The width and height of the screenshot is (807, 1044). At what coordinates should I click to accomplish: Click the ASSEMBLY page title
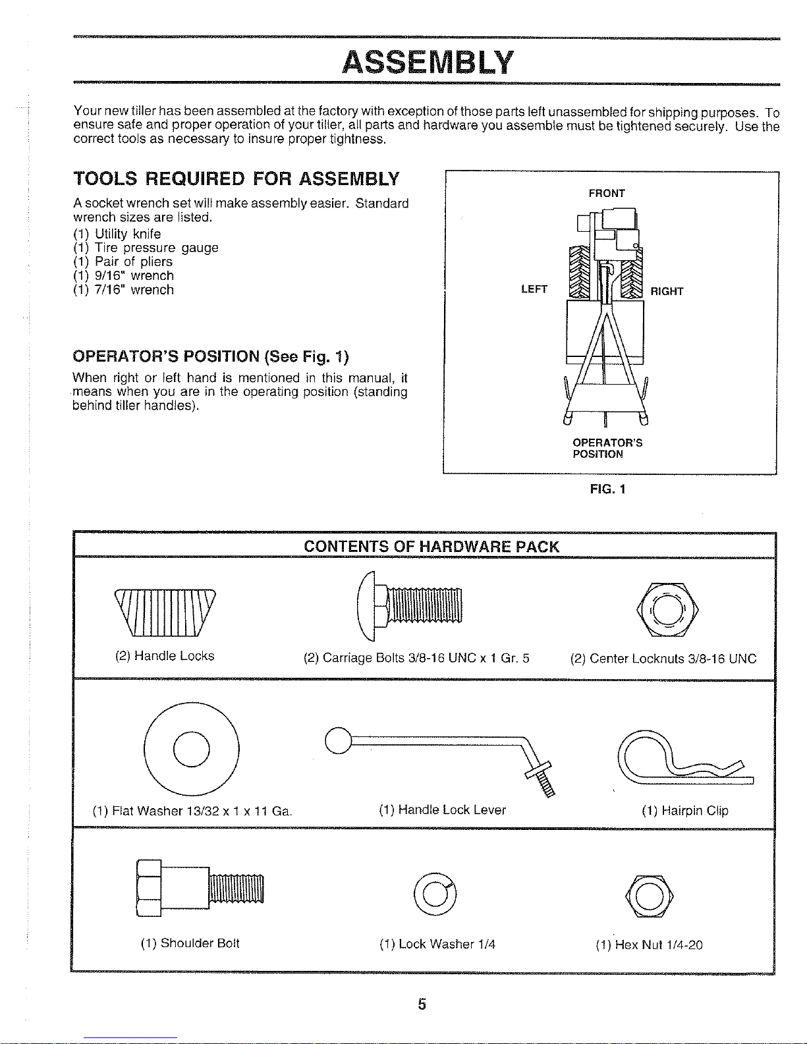[428, 63]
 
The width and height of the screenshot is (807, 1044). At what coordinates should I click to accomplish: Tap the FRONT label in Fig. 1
[607, 193]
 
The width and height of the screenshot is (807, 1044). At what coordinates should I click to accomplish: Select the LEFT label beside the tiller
[534, 288]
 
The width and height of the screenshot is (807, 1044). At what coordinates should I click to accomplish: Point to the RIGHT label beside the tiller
[667, 291]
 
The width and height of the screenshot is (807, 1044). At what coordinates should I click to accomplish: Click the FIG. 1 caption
[607, 489]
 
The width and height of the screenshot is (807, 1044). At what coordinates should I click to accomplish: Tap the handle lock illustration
[165, 613]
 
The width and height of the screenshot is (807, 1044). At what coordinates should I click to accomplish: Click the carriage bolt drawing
[409, 606]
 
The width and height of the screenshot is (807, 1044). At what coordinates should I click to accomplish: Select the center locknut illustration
[667, 610]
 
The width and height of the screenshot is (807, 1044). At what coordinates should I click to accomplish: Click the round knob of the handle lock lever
[338, 740]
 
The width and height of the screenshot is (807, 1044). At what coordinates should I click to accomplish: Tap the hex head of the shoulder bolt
[149, 889]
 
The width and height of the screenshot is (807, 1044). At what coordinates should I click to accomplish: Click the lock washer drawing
[435, 894]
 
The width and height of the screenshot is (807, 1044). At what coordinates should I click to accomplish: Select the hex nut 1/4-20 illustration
[649, 896]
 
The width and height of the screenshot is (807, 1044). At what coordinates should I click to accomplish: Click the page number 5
[422, 1004]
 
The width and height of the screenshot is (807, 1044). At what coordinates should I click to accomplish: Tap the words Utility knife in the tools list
[128, 234]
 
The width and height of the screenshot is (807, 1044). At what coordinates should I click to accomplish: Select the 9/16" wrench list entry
[123, 276]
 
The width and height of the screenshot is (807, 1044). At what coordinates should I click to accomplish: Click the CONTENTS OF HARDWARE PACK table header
[431, 547]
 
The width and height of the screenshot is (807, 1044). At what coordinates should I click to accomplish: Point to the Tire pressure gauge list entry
[146, 248]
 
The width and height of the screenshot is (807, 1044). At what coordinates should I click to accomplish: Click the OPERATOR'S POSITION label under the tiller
[607, 449]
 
